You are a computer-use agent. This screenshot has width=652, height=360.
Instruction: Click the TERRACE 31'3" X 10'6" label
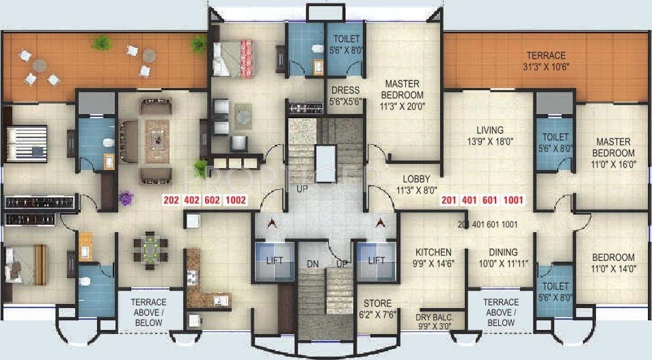547,60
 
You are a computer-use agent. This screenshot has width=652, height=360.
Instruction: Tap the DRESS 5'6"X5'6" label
345,96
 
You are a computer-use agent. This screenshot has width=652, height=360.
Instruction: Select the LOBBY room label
416,184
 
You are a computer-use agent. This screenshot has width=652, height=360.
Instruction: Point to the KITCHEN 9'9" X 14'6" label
433,258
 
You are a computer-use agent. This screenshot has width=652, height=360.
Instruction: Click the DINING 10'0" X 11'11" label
502,258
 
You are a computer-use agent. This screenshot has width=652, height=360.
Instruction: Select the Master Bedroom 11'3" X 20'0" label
402,95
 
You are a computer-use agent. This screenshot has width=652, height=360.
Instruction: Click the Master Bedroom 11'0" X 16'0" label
613,153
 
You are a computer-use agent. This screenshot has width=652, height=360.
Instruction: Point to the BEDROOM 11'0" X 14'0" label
613,263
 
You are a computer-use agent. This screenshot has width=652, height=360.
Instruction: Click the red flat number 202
171,201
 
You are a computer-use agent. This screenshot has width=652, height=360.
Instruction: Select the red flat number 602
211,201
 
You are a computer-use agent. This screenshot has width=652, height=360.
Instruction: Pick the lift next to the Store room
376,261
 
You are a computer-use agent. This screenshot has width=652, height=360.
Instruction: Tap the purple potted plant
125,197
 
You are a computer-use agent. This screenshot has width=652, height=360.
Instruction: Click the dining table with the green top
151,250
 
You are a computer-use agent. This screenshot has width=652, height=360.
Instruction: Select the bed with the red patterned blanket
233,59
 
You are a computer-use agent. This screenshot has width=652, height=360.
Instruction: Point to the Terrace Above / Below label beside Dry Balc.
501,313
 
